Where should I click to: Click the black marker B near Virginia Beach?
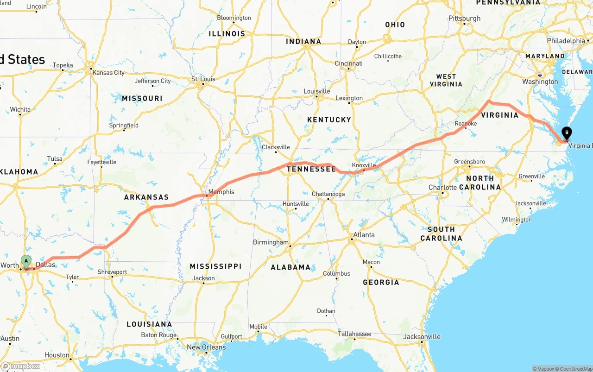coord(567,133)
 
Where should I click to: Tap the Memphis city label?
coord(221,192)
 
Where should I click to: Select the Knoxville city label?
coord(364,165)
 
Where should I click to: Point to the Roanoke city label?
coord(466,124)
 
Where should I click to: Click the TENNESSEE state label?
coord(311,169)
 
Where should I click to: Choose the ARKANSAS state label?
coord(146,197)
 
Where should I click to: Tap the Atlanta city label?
coord(364,235)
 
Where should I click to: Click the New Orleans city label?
coord(206,347)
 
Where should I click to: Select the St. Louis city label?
coord(203,79)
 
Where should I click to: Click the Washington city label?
coord(540,82)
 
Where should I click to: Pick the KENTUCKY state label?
coord(329,120)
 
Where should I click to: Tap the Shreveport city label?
coord(112,272)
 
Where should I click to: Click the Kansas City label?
coord(108,73)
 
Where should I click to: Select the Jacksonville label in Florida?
coord(422,337)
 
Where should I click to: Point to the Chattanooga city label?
coord(328,194)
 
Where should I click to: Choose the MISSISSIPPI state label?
coord(215,266)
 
